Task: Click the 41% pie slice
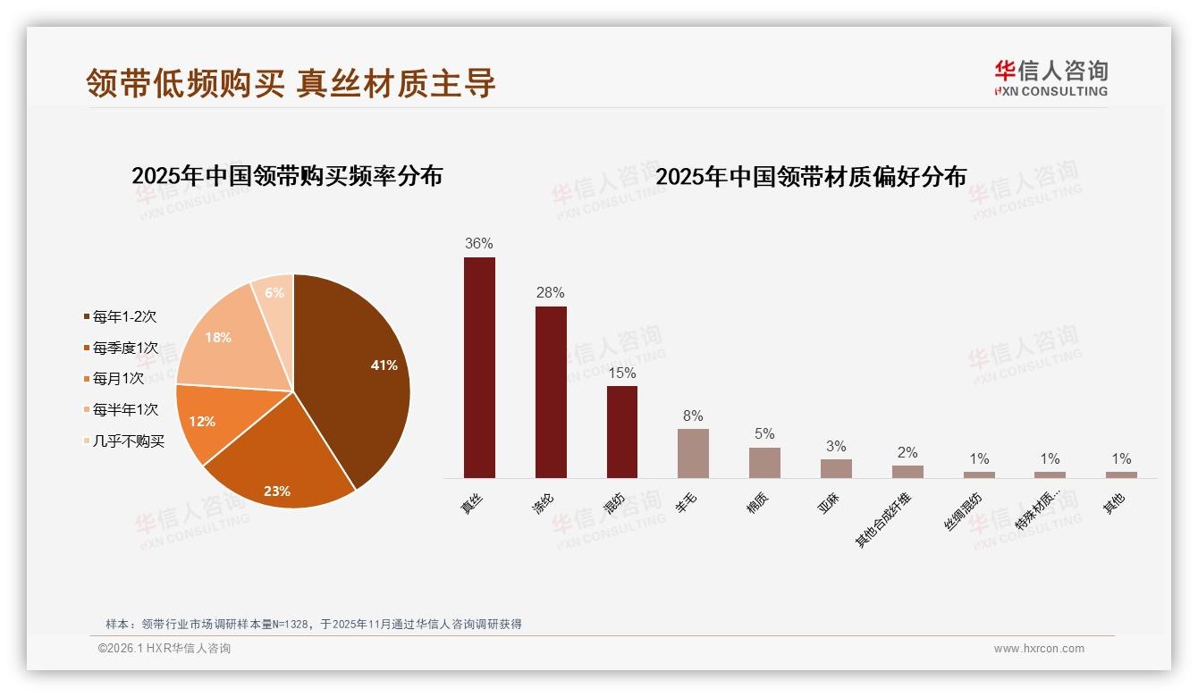point(358,366)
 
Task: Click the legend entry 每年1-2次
point(124,317)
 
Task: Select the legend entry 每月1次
point(118,379)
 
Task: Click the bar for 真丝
point(479,367)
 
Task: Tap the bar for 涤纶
point(551,392)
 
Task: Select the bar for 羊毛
point(693,453)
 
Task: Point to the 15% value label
point(621,372)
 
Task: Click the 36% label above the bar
point(479,244)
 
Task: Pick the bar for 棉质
point(764,462)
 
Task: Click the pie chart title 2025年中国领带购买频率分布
point(287,176)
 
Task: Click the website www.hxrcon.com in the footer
point(1039,649)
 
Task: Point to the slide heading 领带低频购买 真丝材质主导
point(291,84)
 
